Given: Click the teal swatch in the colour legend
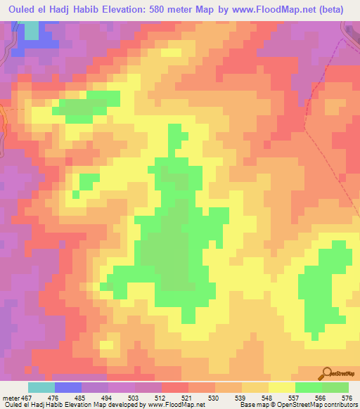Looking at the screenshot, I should click(x=41, y=387).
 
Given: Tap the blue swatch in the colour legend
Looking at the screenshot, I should click(x=68, y=387).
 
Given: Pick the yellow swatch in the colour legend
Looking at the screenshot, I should click(x=282, y=387).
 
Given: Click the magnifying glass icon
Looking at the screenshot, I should click(x=328, y=372).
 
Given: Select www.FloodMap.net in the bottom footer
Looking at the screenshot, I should click(x=176, y=404).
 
